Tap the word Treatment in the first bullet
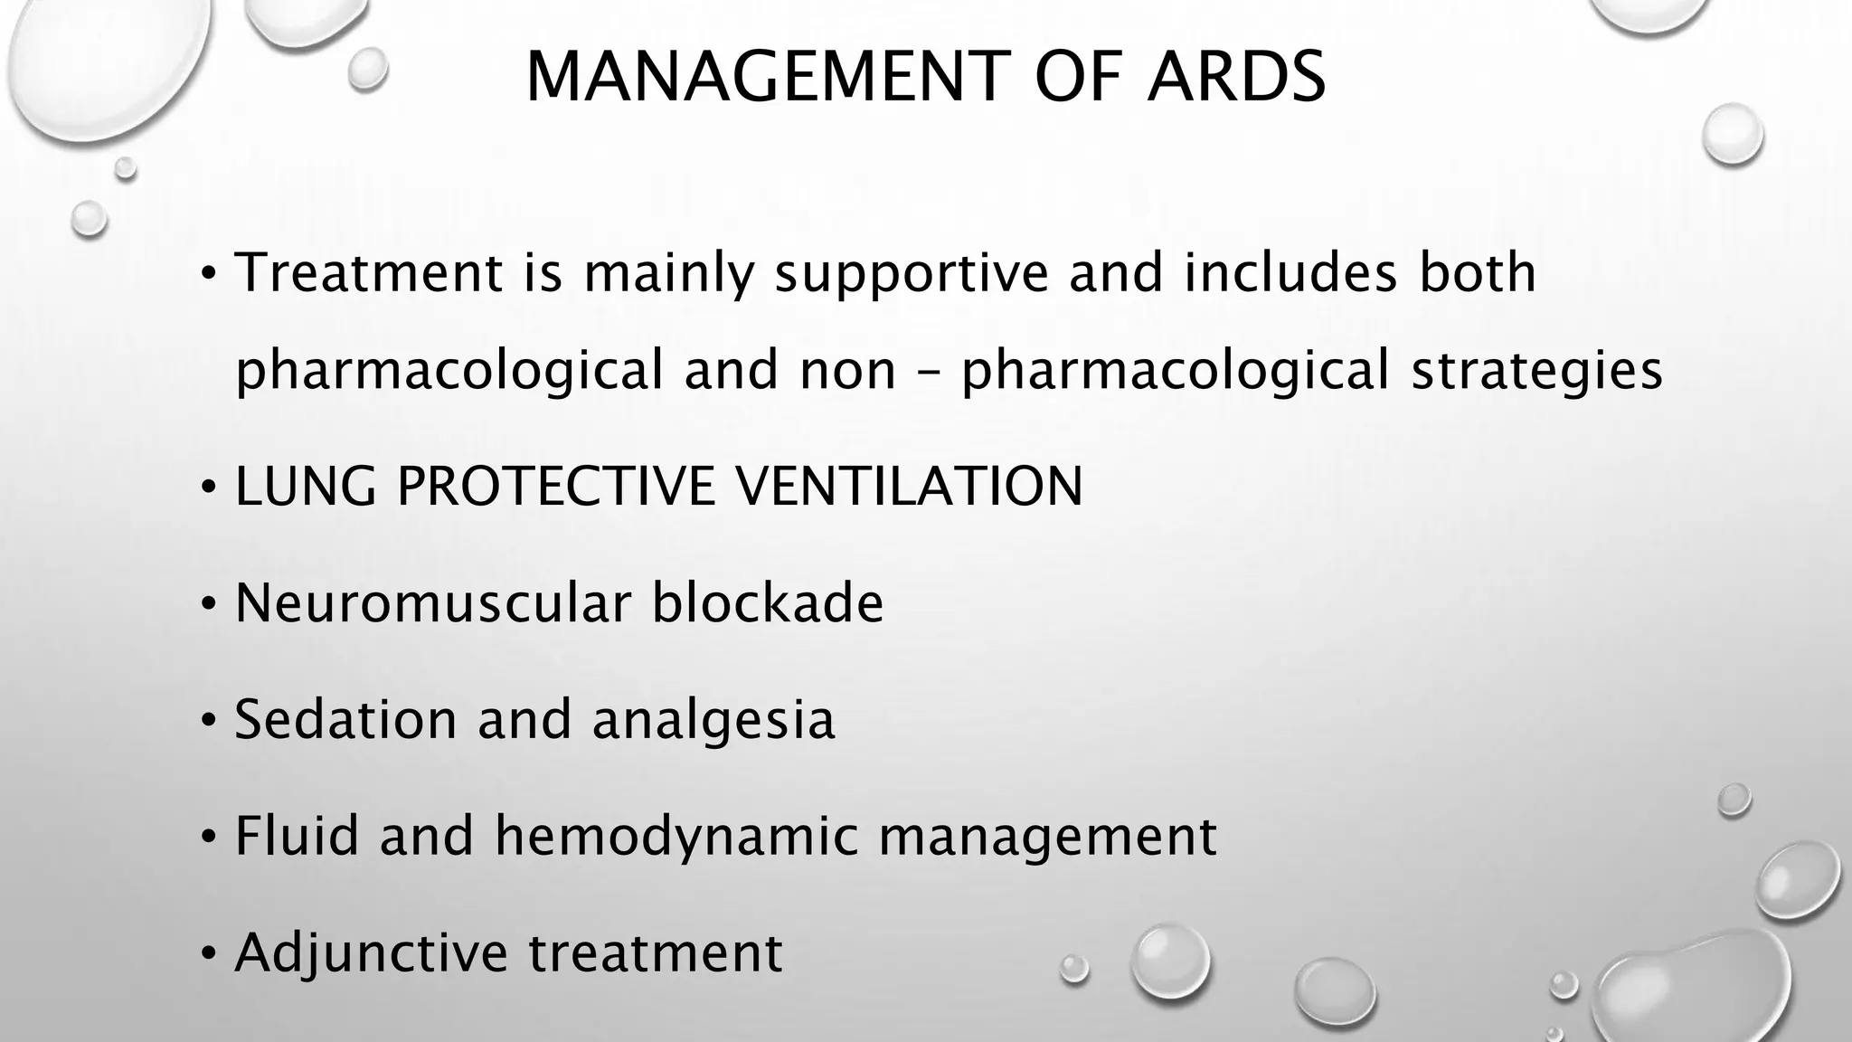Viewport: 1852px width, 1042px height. coord(368,273)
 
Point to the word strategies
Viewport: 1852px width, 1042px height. coord(1536,372)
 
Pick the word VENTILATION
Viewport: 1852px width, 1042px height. coord(909,487)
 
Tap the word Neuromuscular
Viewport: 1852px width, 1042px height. coord(432,603)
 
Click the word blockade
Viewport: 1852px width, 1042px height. coord(767,603)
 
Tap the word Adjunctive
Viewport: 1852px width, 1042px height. coord(371,953)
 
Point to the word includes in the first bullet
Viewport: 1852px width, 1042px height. coord(1290,273)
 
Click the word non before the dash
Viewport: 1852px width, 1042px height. coord(846,372)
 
